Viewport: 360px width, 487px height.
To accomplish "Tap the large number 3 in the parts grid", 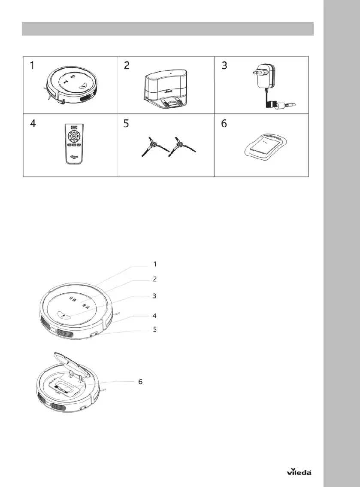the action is (224, 67).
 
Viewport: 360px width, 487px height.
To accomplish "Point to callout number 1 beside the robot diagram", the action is (155, 263).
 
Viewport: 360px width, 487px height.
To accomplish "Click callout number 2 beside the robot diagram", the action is (155, 279).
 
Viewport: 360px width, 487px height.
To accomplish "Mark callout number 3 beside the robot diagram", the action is (155, 296).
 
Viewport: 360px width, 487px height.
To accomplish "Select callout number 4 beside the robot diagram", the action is (155, 316).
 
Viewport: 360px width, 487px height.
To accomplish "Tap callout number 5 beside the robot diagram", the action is (155, 330).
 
